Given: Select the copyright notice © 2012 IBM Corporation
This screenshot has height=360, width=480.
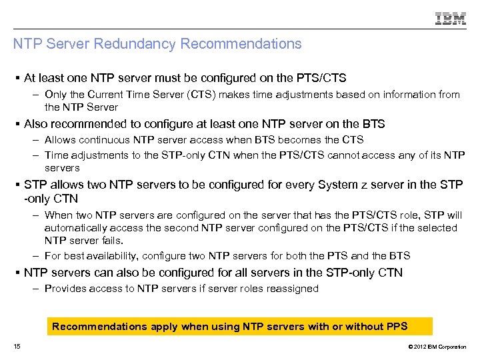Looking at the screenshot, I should [x=437, y=347].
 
